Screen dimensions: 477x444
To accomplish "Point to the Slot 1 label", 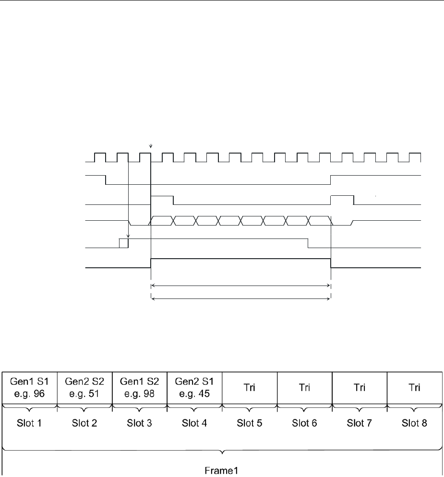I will coord(30,424).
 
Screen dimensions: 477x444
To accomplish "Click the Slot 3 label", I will coord(140,424).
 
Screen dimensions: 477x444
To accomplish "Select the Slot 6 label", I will coord(305,424).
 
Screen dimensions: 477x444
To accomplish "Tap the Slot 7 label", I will coord(360,424).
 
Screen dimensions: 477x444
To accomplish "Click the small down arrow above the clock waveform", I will coord(151,146).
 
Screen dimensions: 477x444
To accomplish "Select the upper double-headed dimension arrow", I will coord(240,286).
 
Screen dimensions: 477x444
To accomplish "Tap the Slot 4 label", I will coord(194,424).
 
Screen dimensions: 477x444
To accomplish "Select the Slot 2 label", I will coord(84,424).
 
